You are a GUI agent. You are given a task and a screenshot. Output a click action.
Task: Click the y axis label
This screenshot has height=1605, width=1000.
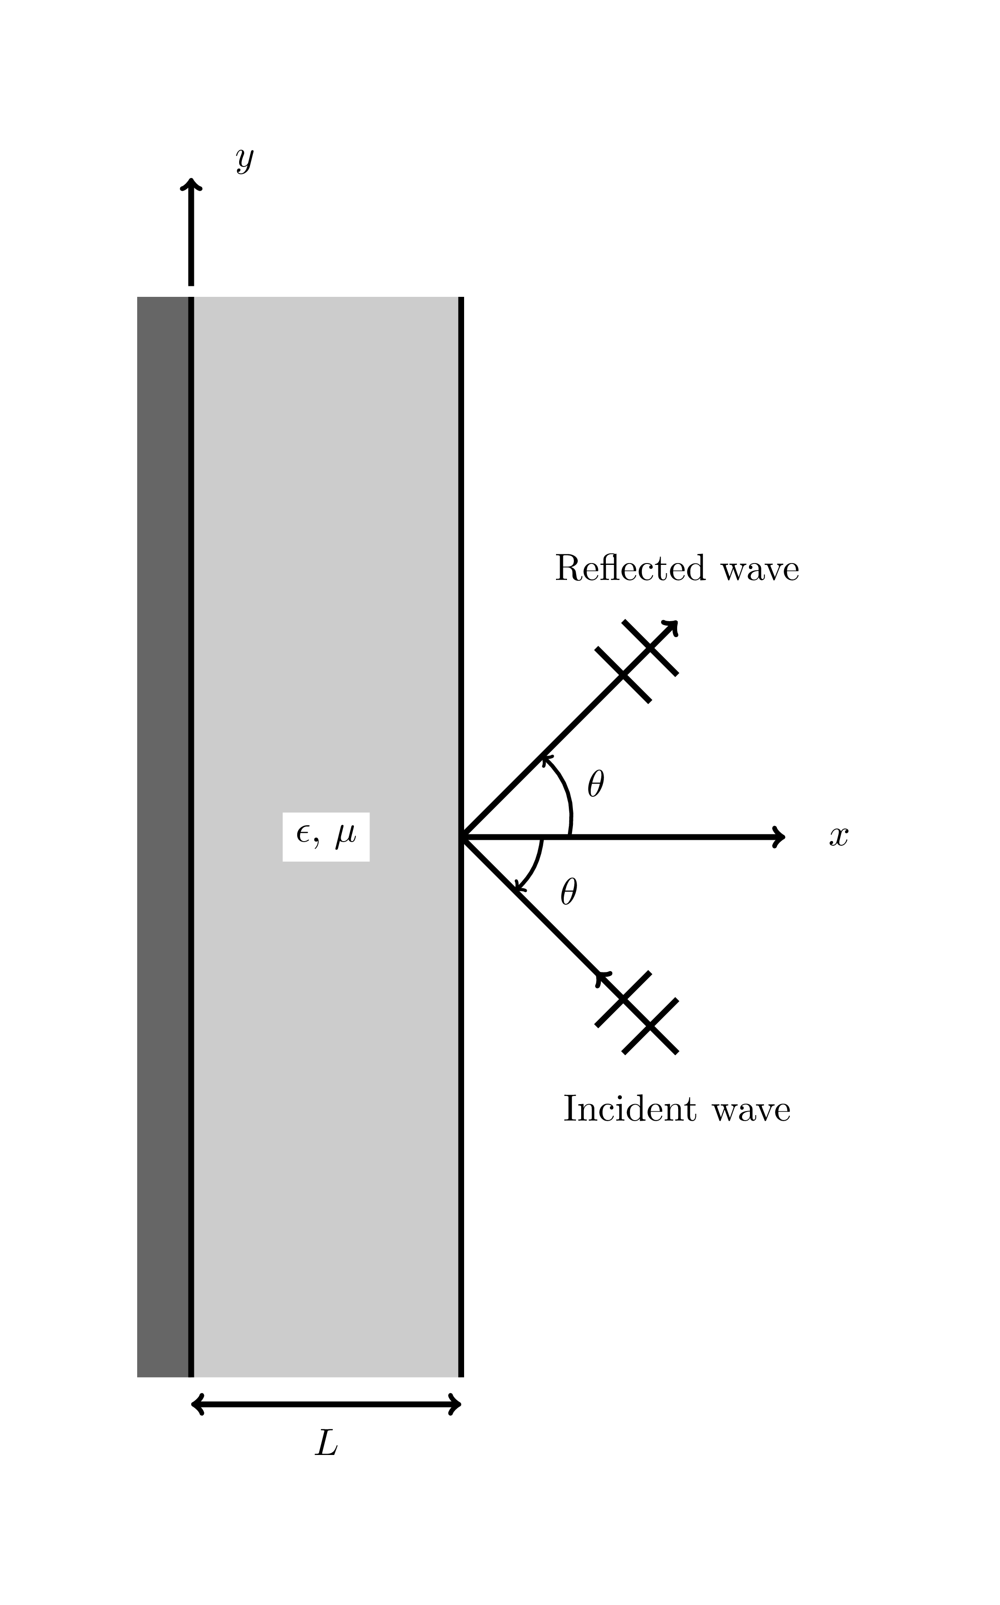(x=245, y=160)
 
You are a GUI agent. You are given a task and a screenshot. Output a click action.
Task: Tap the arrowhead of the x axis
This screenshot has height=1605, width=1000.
(x=779, y=837)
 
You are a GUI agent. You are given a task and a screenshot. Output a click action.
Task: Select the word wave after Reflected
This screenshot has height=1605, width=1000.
(x=760, y=569)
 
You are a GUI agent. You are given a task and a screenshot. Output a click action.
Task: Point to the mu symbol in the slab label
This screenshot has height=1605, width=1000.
(x=345, y=836)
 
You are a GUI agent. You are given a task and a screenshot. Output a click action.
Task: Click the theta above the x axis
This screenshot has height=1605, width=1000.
(x=595, y=784)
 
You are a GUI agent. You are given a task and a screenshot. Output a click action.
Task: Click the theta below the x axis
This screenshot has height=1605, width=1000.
(x=568, y=892)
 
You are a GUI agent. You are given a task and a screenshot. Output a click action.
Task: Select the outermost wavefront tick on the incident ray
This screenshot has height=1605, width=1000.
(x=650, y=1026)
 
